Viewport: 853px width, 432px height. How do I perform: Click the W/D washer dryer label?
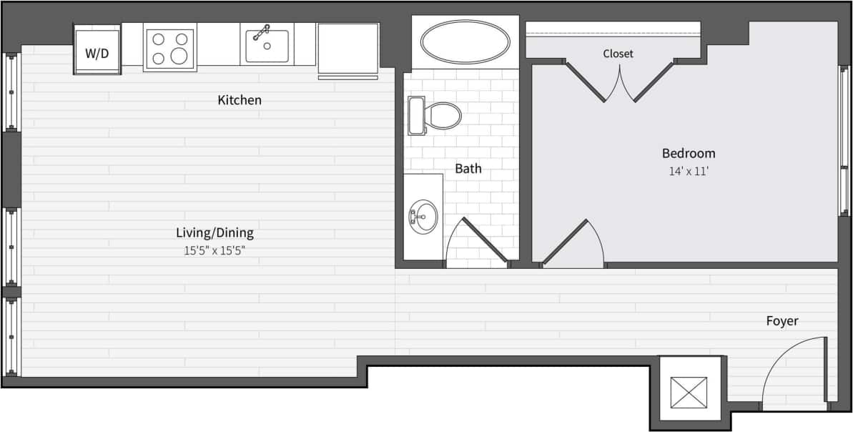click(x=97, y=53)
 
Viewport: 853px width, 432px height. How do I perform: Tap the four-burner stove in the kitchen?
click(x=169, y=48)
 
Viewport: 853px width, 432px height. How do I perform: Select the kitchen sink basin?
click(x=267, y=46)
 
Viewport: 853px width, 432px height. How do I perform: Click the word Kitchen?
click(x=240, y=101)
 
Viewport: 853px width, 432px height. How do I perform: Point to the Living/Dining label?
click(x=215, y=232)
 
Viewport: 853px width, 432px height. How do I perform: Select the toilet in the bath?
click(x=435, y=115)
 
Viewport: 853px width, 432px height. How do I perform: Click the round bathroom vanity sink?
click(x=423, y=216)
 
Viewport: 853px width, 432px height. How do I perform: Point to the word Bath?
click(x=468, y=170)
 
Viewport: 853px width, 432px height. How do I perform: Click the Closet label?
click(x=618, y=54)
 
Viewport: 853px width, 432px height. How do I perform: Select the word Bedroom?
click(x=688, y=153)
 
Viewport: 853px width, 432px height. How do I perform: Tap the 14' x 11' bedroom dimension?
click(x=688, y=172)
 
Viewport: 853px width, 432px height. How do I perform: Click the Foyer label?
click(x=782, y=321)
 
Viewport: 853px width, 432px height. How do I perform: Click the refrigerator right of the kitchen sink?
click(x=347, y=49)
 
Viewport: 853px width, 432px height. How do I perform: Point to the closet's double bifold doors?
click(x=620, y=82)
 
